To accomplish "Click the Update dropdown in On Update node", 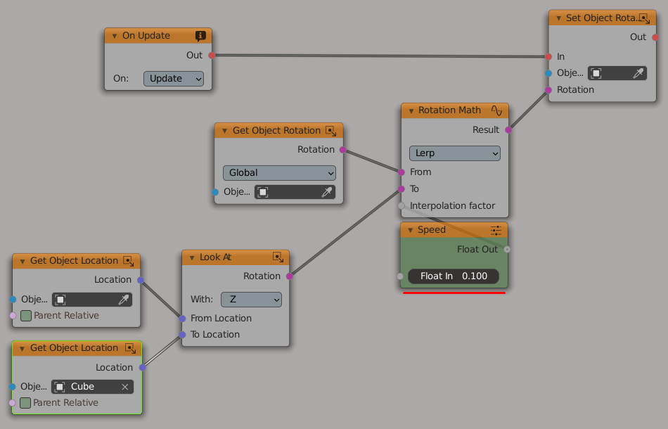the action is pos(174,79).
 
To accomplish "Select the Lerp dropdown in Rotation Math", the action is pos(454,153).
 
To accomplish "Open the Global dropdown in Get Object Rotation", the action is pos(279,173).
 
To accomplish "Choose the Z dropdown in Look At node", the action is pos(251,300).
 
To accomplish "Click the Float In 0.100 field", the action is pos(454,276).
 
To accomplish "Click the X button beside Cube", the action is pos(125,387).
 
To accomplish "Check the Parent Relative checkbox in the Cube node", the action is pos(25,403).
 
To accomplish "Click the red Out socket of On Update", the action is pos(212,55).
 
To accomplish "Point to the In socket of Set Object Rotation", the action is pos(548,56).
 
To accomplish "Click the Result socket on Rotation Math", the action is pos(508,129).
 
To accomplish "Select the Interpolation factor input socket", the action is pos(402,206).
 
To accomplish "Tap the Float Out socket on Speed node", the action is pos(508,249).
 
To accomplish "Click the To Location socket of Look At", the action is pos(182,335).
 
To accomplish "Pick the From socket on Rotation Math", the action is pos(402,172).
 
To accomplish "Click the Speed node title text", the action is pos(431,230).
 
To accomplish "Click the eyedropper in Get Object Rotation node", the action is pos(326,192).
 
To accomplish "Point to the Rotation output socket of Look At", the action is pos(289,276).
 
